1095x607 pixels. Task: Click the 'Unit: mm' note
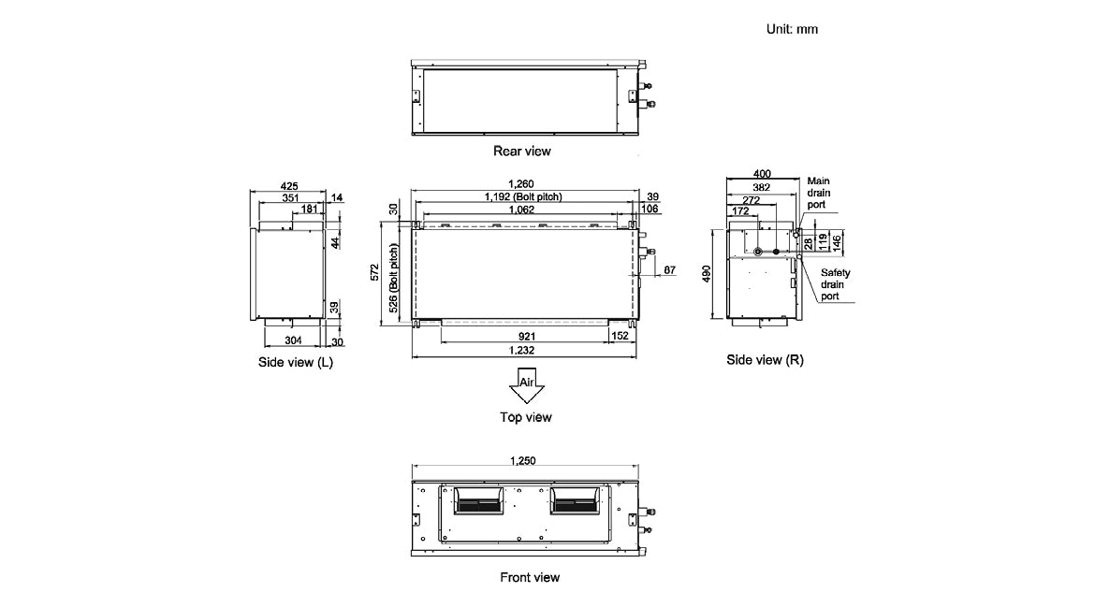tap(792, 29)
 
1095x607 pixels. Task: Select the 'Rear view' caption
tap(522, 150)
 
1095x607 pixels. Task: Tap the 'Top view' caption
tap(525, 417)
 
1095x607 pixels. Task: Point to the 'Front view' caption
tap(530, 577)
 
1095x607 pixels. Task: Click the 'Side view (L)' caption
tap(295, 362)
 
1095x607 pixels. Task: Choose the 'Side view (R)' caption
tap(765, 359)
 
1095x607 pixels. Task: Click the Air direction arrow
tap(527, 385)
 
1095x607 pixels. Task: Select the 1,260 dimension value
tap(521, 184)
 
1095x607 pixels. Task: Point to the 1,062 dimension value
tap(521, 210)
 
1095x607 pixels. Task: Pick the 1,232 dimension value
tap(521, 350)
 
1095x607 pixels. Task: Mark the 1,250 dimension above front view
tap(525, 461)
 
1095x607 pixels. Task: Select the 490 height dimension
tap(708, 272)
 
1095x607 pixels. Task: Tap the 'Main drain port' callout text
tap(819, 192)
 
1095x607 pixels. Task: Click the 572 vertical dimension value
tap(375, 272)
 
